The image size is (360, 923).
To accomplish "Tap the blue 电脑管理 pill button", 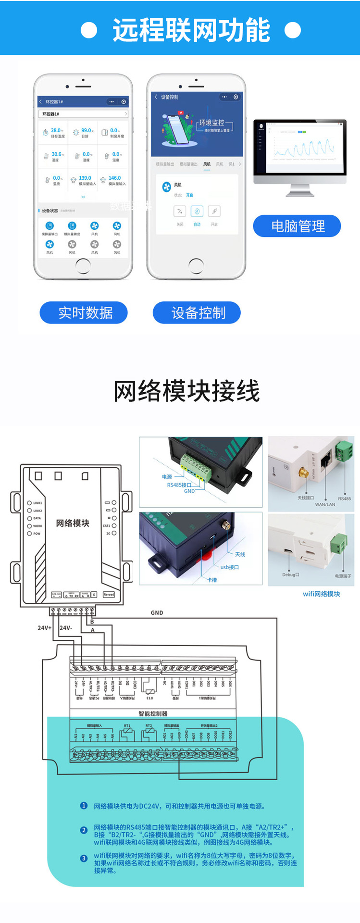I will (297, 226).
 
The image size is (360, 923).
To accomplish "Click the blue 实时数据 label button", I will (84, 313).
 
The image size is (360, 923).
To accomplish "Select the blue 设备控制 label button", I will (197, 313).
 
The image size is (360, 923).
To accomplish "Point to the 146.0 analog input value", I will (114, 178).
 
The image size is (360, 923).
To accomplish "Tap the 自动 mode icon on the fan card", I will (197, 212).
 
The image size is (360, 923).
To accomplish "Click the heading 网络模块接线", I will (186, 391).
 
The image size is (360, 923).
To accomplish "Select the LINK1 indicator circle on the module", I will (29, 503).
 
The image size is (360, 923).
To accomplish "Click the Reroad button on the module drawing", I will (109, 595).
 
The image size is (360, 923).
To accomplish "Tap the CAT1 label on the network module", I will (106, 526).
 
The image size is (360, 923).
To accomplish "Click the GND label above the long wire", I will (157, 613).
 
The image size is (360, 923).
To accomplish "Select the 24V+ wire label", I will (44, 628).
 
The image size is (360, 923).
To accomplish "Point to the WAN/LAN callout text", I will (325, 504).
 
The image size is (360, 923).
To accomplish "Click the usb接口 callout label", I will (229, 567).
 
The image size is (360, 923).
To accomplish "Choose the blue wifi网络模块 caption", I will (321, 594).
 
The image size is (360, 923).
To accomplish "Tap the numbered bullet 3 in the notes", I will (84, 858).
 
